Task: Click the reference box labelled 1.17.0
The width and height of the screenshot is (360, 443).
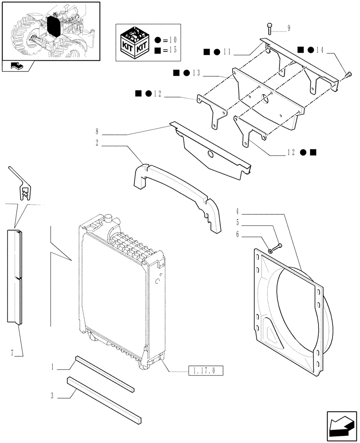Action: pyautogui.click(x=206, y=371)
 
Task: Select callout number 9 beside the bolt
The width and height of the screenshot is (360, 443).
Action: pyautogui.click(x=289, y=29)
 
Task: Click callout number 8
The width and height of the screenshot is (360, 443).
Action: pyautogui.click(x=97, y=131)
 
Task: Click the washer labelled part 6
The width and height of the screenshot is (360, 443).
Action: pyautogui.click(x=270, y=251)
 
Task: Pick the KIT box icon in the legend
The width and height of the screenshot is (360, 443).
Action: pyautogui.click(x=134, y=41)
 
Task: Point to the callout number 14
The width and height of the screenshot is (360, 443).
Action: pyautogui.click(x=320, y=50)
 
